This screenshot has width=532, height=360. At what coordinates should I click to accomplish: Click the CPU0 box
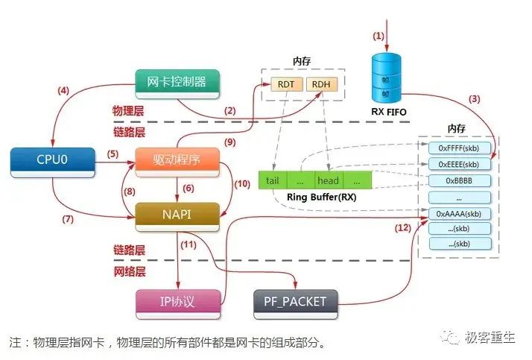pos(53,160)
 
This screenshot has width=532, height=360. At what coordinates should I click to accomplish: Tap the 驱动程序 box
pos(177,160)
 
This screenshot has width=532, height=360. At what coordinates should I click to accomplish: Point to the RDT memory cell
pos(285,84)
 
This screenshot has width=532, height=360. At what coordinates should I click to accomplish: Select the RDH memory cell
pos(320,84)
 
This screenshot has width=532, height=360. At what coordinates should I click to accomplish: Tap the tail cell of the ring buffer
pos(272,180)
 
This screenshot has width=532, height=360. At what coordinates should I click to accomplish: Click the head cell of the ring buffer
pos(328,180)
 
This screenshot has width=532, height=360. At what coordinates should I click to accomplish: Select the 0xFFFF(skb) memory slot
pos(459,148)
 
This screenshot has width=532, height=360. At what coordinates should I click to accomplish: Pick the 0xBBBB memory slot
pos(459,180)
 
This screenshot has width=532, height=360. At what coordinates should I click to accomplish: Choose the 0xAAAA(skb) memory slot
pos(459,213)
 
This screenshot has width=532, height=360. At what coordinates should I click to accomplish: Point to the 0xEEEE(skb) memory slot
pos(459,165)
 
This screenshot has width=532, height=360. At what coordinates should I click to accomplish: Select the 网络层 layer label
pos(130,274)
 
